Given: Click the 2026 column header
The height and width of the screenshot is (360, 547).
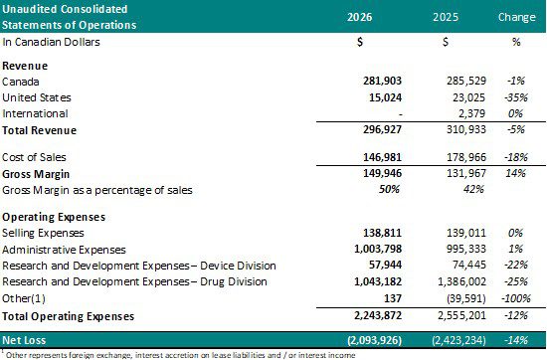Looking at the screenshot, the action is coord(359,17).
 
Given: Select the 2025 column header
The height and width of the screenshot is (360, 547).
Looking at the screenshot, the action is coord(446,17).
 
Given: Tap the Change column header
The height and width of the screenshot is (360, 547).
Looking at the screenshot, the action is coord(516,17).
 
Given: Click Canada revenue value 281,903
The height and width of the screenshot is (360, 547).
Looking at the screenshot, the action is coord(382,81).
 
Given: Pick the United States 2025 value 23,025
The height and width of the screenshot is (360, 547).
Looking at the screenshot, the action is coord(468,97).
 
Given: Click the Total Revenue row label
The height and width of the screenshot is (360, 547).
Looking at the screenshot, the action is coord(40,130).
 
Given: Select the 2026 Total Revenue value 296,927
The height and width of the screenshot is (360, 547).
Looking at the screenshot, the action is coord(382,129).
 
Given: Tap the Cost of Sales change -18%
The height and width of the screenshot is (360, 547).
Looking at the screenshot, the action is coord(516,157).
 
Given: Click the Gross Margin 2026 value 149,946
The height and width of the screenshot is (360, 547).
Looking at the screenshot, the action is coord(382,173).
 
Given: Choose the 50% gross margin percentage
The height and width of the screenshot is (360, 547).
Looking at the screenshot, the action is coord(389,189).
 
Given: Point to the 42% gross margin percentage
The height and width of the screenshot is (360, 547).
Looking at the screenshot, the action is coord(473,189).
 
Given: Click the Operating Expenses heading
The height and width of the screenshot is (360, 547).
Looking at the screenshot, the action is coord(54,217).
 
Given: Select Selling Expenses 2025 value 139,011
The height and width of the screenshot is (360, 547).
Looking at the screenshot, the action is coord(466,233).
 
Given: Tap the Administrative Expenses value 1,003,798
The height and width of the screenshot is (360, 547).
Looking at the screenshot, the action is coord(378,249).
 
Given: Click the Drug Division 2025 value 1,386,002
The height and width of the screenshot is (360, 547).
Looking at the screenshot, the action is coord(461,281).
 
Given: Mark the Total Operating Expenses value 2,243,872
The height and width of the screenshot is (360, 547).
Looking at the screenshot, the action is coord(378,315).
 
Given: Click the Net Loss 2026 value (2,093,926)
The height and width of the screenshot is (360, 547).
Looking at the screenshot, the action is coord(375,340).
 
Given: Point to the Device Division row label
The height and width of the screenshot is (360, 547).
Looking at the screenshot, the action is coord(139,266).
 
